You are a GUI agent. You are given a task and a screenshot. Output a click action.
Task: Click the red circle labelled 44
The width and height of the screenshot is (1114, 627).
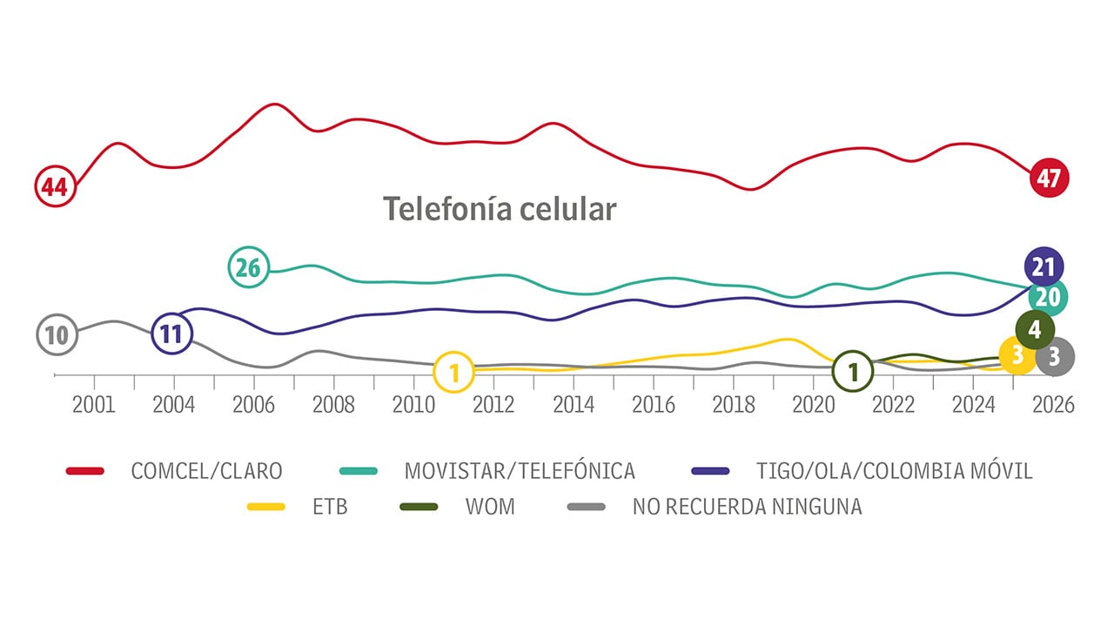[x=56, y=187]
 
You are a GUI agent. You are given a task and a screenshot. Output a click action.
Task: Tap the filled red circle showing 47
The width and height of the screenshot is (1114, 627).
[x=1048, y=179]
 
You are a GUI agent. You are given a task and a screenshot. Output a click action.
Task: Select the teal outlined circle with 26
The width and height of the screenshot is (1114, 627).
[x=249, y=268]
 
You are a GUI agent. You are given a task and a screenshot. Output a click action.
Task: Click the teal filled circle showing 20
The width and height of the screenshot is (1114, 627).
[x=1048, y=297]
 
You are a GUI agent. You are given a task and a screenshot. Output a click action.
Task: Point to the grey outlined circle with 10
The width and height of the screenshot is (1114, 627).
[x=57, y=334]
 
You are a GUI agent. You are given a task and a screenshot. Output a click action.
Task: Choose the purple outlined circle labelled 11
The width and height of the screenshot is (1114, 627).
[x=171, y=334]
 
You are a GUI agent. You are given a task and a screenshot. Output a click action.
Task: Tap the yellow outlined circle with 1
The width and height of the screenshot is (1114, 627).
[x=453, y=373]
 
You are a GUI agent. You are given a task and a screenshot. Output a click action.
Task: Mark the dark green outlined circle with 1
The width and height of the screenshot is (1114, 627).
[x=853, y=371]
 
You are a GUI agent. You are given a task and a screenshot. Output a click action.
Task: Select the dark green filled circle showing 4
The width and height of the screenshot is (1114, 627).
[x=1035, y=329]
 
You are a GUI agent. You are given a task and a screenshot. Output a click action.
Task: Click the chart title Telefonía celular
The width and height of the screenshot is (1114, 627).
[x=500, y=209]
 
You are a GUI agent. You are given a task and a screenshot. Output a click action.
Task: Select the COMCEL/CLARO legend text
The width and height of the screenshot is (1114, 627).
[x=206, y=471]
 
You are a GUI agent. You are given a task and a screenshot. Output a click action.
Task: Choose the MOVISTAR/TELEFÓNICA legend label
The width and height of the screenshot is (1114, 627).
[x=520, y=471]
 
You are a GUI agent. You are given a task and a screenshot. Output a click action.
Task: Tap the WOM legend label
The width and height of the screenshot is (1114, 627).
[x=490, y=506]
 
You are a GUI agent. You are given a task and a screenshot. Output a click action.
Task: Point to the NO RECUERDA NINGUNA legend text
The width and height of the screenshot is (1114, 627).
[x=747, y=506]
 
